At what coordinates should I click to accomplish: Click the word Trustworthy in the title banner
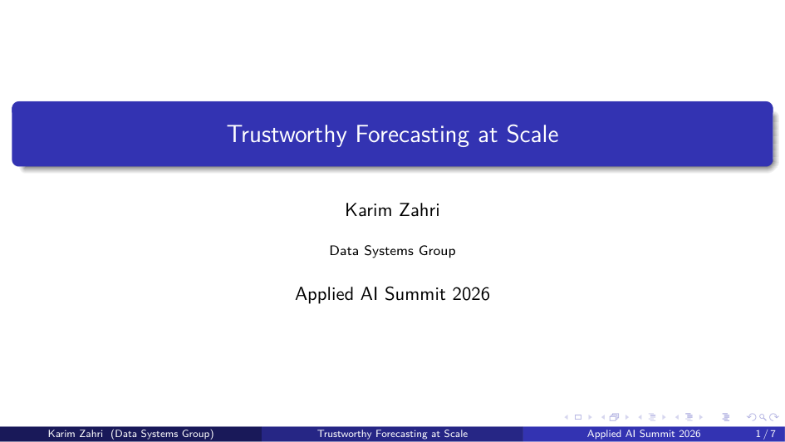(x=287, y=135)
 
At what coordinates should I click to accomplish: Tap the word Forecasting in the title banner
(x=412, y=135)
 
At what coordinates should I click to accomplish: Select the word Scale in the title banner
(x=532, y=134)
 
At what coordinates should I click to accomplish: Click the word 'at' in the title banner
(x=488, y=135)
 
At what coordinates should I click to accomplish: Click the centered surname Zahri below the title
(x=419, y=210)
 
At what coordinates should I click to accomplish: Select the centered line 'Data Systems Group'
(x=392, y=251)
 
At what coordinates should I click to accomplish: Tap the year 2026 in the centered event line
(x=471, y=294)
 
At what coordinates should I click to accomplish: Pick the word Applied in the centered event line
(x=325, y=294)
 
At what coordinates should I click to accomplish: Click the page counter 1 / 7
(x=765, y=434)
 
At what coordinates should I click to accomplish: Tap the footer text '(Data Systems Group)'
(x=162, y=434)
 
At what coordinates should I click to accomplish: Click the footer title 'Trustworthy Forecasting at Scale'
(x=392, y=434)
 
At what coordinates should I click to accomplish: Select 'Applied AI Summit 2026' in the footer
(x=644, y=434)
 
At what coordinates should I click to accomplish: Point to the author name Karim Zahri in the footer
(x=75, y=434)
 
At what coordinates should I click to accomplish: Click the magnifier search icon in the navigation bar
(x=763, y=417)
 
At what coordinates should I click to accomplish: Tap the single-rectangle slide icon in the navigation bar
(x=577, y=417)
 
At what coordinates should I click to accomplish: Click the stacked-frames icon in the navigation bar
(x=614, y=417)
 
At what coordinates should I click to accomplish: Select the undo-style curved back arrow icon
(x=752, y=417)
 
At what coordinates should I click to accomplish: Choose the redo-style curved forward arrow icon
(x=774, y=417)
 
